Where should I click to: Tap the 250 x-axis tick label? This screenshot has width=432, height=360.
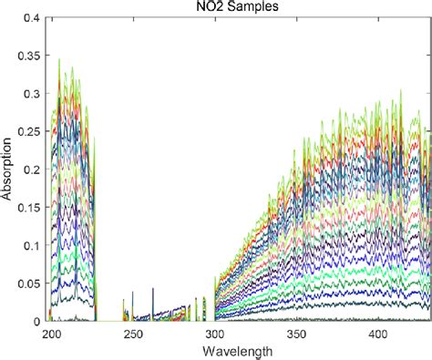click(x=134, y=334)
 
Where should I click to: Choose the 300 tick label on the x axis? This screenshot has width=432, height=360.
click(x=215, y=334)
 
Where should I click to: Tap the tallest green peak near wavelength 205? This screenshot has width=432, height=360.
click(x=60, y=60)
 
